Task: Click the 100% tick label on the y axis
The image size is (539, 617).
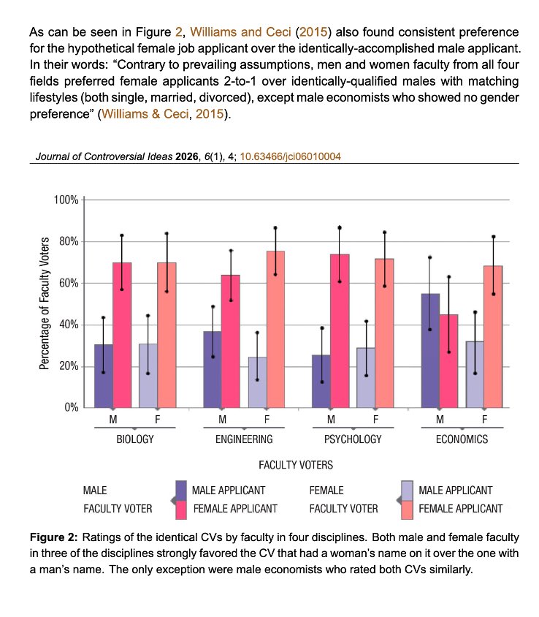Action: click(66, 200)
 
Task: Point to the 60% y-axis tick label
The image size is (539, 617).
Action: click(69, 284)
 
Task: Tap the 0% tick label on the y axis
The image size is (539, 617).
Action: click(72, 407)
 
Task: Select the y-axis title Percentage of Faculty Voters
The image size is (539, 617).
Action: click(45, 303)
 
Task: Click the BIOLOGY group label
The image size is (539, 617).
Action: click(135, 439)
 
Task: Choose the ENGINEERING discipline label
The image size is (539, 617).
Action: click(244, 439)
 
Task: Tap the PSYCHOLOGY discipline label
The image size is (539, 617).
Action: click(353, 439)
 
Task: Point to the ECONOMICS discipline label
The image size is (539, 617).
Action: click(462, 439)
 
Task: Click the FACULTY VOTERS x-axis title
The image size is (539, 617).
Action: click(296, 465)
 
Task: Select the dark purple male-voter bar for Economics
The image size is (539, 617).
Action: click(430, 351)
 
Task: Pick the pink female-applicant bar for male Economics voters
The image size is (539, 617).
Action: click(448, 361)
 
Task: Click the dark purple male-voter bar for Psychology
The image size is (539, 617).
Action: click(321, 382)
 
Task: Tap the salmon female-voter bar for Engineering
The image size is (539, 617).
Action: click(275, 330)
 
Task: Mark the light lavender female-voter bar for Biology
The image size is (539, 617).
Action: click(148, 376)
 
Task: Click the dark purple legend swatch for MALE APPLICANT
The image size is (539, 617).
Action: click(181, 491)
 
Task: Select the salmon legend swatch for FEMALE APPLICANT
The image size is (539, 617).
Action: click(408, 510)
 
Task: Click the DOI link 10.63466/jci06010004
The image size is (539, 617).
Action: click(290, 156)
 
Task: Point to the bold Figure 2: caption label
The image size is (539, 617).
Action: click(54, 537)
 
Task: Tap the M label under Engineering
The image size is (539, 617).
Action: click(223, 420)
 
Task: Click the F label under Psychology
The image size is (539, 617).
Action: click(376, 420)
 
